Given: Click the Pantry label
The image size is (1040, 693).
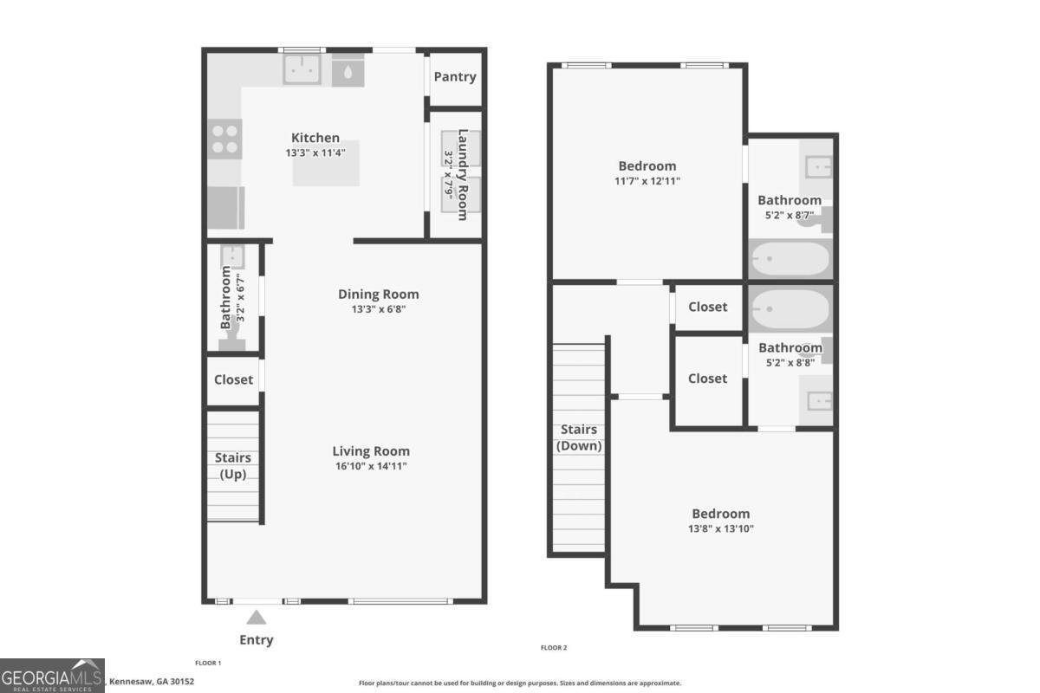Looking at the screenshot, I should click(455, 76).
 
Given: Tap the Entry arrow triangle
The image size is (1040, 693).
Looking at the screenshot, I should click(256, 618).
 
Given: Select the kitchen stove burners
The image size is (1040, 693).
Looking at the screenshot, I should click(225, 139).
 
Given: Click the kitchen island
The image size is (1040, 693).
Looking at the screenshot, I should click(326, 165).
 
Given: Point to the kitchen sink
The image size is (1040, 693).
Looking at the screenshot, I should click(301, 68).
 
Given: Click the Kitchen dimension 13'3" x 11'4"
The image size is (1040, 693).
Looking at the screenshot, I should click(315, 152).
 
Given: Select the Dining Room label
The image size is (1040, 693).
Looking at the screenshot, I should click(378, 294).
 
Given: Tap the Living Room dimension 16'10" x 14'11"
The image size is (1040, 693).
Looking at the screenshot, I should click(371, 466).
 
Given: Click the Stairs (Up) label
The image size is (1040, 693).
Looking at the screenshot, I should click(232, 466).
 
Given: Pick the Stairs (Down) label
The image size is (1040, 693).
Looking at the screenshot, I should click(579, 437).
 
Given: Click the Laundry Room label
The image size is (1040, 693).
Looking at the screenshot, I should click(463, 174).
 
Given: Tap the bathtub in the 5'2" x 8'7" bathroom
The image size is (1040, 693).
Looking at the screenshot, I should click(790, 258).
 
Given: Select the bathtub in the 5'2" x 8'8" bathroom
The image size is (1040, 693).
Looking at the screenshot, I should click(790, 308).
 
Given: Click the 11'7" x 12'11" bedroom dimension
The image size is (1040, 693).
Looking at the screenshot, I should click(647, 181).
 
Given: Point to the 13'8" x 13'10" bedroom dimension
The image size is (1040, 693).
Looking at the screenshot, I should click(720, 528).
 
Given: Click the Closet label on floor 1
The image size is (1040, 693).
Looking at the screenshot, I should click(233, 379).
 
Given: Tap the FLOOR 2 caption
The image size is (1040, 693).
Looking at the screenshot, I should click(554, 647).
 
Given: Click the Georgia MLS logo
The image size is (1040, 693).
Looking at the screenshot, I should click(52, 675).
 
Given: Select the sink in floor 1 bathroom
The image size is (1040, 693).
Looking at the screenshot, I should click(232, 256).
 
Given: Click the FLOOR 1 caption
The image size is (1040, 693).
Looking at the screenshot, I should click(208, 663).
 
